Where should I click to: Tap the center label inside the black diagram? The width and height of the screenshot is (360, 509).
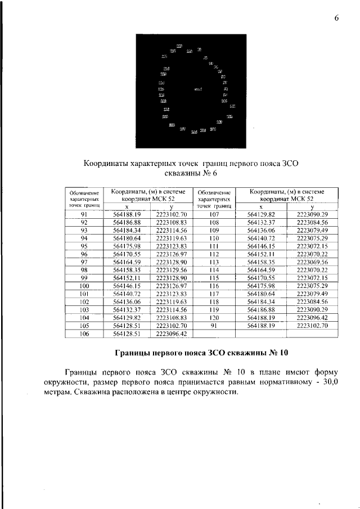tap(197, 89)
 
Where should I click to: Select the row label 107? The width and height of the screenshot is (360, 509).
tap(213, 214)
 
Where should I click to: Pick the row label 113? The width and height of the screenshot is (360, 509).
tap(213, 262)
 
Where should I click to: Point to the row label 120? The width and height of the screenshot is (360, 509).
tap(213, 317)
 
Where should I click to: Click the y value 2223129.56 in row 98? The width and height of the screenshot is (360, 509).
tap(171, 270)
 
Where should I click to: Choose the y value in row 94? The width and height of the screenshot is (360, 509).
tap(171, 238)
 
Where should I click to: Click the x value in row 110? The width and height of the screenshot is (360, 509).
tap(264, 238)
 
